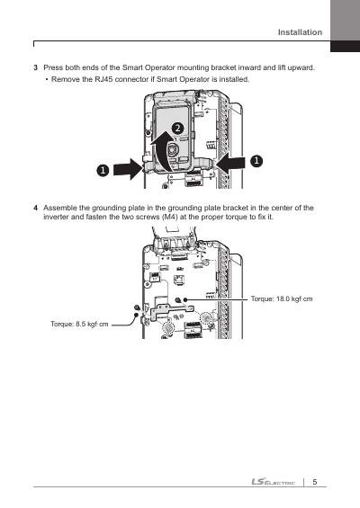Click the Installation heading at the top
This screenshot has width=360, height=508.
pos(300,32)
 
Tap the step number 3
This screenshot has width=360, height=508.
pos(35,68)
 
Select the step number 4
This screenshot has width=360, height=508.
pos(35,208)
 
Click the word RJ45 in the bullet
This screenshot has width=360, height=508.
pos(103,79)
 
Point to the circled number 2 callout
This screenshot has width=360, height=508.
pos(177,129)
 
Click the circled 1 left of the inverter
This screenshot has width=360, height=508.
pos(103,171)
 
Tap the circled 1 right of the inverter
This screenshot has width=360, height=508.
pos(256,161)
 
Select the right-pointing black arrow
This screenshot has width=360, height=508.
pos(128,169)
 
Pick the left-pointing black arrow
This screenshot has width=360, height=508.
pos(230,161)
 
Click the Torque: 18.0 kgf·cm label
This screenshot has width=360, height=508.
pos(282,299)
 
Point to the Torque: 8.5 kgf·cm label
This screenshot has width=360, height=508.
pos(79,324)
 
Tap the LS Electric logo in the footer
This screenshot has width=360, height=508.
pos(274,482)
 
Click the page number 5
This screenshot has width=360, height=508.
pos(315,482)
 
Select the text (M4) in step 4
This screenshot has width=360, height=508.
pos(169,217)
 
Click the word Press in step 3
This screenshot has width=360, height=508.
pos(53,67)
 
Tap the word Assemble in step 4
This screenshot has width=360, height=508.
pos(60,208)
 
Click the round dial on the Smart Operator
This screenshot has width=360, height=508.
pos(172,151)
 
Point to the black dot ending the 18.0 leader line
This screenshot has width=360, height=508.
pos(185,299)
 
